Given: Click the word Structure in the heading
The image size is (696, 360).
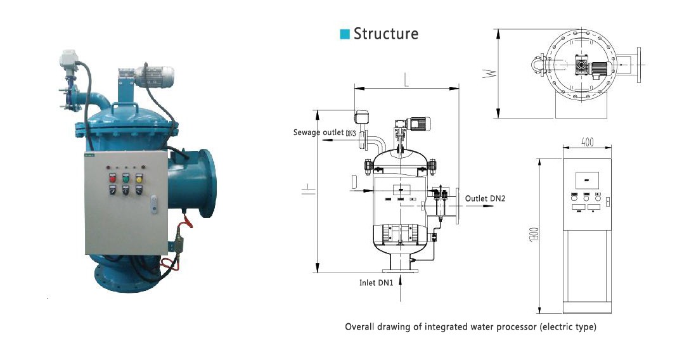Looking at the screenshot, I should [x=386, y=34].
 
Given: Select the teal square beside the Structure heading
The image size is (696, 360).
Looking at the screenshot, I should [x=345, y=34].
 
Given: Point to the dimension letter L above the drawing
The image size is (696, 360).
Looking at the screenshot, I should [x=406, y=80].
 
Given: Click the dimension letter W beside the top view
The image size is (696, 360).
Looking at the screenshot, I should [x=487, y=73].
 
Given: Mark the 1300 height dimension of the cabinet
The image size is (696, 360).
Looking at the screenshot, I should [x=535, y=236].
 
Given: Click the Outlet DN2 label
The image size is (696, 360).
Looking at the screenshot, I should [x=485, y=198].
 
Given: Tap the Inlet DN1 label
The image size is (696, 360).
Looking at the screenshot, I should [x=377, y=282].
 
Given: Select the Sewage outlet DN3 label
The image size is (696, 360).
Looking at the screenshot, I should [x=324, y=132].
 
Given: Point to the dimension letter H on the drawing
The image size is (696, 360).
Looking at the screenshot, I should [x=306, y=191].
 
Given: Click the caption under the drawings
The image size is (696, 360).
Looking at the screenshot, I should [x=470, y=327].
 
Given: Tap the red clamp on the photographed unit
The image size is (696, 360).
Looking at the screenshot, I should [x=186, y=224].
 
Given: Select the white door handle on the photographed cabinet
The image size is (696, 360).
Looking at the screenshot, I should [x=155, y=205].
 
